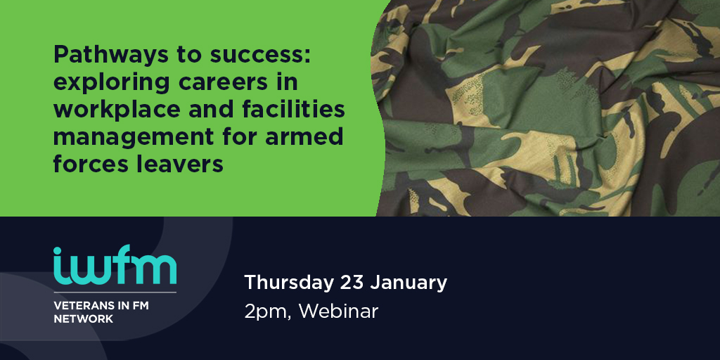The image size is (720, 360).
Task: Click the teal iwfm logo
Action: point(115,265)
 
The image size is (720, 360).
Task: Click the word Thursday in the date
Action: point(289,283)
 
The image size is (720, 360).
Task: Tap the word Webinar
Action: point(338,311)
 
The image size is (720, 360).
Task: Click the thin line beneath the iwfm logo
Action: point(115,292)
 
